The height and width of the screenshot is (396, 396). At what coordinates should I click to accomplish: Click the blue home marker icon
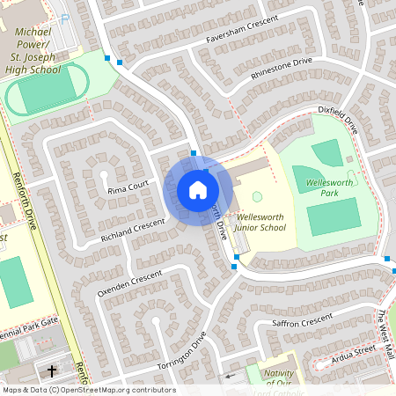pyautogui.click(x=198, y=189)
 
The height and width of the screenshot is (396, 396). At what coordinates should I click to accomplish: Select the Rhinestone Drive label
pyautogui.click(x=282, y=68)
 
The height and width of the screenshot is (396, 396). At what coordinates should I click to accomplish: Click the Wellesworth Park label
pyautogui.click(x=328, y=187)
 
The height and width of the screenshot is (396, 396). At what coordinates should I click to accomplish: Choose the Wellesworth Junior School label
pyautogui.click(x=260, y=222)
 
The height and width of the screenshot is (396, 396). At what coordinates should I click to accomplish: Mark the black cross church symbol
pyautogui.click(x=51, y=370)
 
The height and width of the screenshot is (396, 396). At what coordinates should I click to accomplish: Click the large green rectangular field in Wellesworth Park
pyautogui.click(x=333, y=216)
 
